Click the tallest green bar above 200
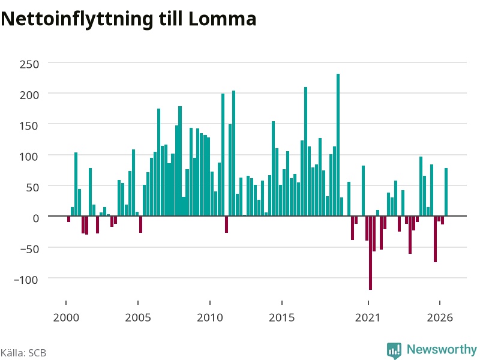338,145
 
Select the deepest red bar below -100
370,253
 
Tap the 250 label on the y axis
29,64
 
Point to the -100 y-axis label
26,280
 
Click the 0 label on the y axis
36,218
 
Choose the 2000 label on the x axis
66,317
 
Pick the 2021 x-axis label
368,317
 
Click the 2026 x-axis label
440,317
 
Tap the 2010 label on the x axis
210,317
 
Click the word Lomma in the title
222,19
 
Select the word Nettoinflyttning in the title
77,20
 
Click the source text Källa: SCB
23,353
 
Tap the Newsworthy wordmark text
442,349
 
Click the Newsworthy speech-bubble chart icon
394,350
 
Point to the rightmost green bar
446,192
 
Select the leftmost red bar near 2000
68,219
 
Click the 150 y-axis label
29,126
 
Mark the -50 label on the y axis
29,249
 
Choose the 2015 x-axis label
281,317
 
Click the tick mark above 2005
138,302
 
